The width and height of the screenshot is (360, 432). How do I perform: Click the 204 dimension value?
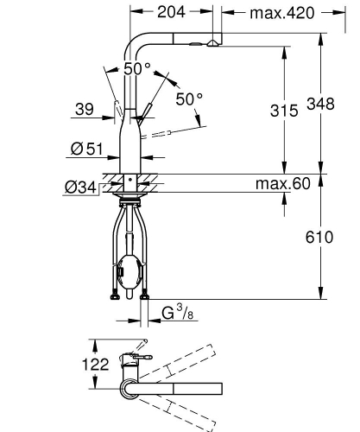point(171,12)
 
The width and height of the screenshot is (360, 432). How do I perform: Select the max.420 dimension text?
point(282,13)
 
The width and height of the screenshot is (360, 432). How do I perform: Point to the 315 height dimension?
point(284,111)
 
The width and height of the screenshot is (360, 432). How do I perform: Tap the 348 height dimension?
point(320,104)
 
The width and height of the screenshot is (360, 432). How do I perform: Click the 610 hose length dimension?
point(319,238)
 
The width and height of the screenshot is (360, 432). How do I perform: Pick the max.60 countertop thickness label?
point(283,183)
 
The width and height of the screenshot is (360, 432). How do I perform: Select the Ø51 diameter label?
point(86,149)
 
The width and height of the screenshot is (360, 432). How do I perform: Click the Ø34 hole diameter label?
point(80,187)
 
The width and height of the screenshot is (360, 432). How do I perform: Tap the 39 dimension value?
point(85,109)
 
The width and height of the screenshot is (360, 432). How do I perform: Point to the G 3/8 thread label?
point(177,313)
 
